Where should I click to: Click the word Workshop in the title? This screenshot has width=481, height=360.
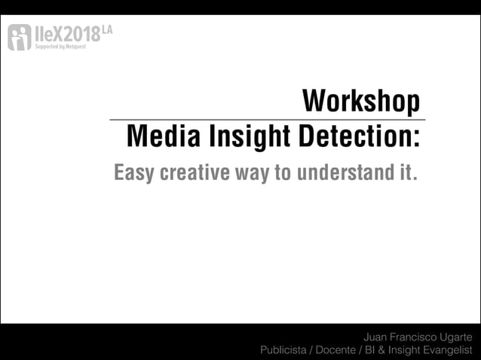click(x=360, y=102)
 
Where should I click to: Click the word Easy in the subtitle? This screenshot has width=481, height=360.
click(x=133, y=172)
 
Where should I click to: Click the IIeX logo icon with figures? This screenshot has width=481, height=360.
click(x=19, y=37)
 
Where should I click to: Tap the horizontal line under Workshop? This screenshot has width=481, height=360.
click(x=268, y=120)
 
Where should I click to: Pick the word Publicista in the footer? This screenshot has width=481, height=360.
click(x=283, y=350)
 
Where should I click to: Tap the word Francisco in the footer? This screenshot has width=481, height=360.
click(x=412, y=337)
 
